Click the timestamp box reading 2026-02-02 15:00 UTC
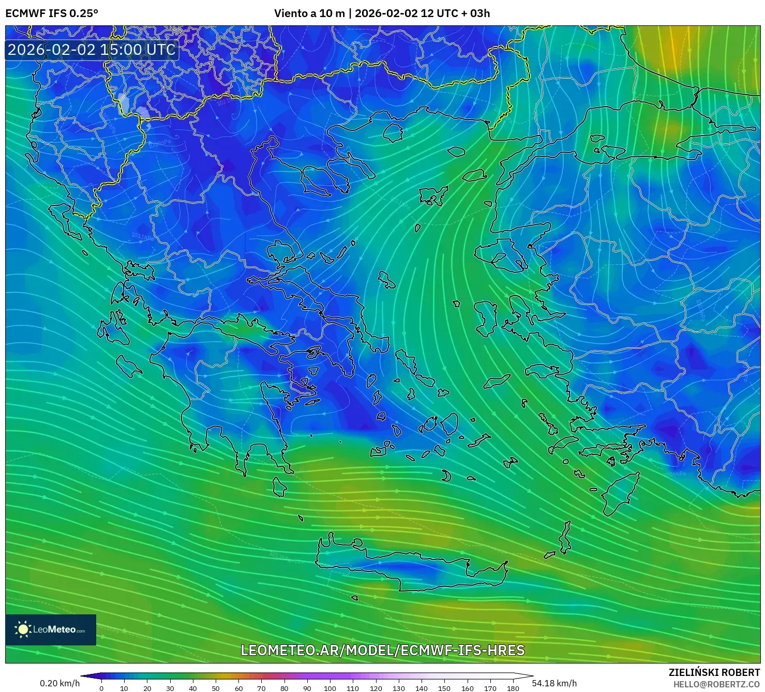click(x=92, y=50)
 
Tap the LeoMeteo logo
click(x=51, y=629)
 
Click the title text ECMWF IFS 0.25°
click(x=51, y=13)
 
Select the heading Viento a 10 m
click(x=309, y=13)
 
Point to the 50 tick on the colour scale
click(x=216, y=688)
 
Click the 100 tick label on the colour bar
click(x=330, y=688)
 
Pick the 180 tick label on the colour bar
click(x=513, y=688)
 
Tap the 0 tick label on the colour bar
click(x=101, y=688)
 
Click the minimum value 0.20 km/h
click(x=59, y=683)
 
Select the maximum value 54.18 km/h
click(x=554, y=683)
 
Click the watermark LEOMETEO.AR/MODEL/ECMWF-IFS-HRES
click(x=383, y=650)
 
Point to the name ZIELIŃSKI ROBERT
click(x=714, y=672)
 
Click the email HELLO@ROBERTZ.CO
click(x=716, y=684)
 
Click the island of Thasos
click(x=393, y=131)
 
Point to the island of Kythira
click(x=279, y=487)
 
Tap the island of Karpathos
click(x=565, y=538)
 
